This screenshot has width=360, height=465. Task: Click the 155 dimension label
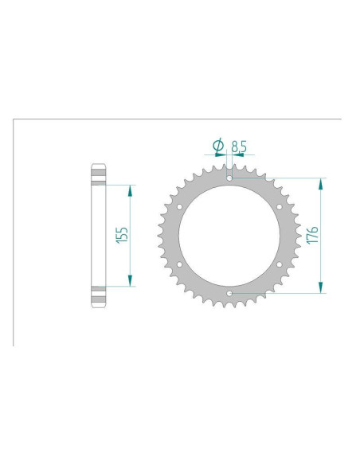point(122,235)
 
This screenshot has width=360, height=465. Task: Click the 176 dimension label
point(312,235)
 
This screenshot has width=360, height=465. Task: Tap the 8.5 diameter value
point(239,147)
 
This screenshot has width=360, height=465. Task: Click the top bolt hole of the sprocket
point(229,178)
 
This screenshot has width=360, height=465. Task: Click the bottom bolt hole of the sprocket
point(229,293)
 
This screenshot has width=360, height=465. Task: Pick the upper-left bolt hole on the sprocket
point(179,207)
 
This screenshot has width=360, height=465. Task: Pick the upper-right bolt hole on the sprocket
point(280,207)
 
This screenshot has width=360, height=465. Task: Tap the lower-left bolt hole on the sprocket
point(179,264)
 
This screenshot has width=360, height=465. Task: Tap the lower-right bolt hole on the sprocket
point(280,264)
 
